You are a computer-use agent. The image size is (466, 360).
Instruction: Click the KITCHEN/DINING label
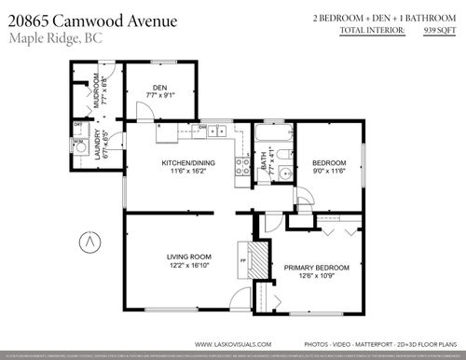click(x=187, y=163)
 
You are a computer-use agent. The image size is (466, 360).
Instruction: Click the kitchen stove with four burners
click(x=241, y=166)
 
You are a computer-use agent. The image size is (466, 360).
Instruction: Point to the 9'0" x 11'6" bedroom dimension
click(x=327, y=170)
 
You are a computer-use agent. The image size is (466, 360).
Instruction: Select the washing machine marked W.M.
click(x=79, y=145)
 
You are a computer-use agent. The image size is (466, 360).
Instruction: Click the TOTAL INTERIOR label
click(x=372, y=31)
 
